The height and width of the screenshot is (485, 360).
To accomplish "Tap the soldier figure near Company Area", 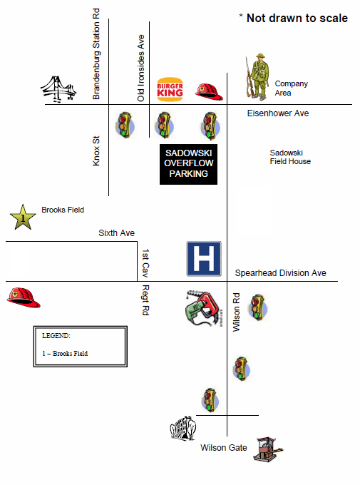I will coord(259,78).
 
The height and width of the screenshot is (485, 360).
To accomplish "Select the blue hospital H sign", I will coord(204,259).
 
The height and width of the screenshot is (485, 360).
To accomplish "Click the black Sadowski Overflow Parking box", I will coord(188,163).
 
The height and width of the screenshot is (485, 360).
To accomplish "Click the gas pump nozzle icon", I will coord(205,308).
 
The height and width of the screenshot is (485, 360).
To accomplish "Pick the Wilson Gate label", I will coord(224,447).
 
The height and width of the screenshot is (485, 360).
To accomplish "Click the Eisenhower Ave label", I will coord(278,113).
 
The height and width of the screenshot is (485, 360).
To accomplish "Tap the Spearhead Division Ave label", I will coord(280,273).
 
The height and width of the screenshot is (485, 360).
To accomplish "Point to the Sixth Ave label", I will coord(116,233).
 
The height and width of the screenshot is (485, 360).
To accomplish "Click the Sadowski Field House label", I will coord(290,157).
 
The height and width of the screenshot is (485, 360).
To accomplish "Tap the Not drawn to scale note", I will coord(293,18).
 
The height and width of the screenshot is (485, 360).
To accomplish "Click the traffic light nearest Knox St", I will coord(125,124).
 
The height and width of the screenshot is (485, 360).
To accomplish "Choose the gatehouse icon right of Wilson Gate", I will coord(265,449).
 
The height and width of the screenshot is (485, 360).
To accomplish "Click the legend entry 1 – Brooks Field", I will coord(65,353).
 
